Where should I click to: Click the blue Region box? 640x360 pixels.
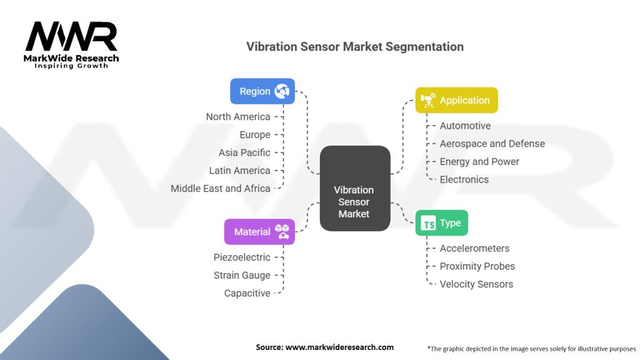(x=262, y=91)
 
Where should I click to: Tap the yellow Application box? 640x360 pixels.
(x=457, y=100)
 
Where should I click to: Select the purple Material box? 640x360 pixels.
(x=259, y=232)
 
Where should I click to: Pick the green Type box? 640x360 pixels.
(x=442, y=223)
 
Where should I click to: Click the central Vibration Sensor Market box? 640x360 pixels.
(x=354, y=188)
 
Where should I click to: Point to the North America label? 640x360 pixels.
(x=238, y=117)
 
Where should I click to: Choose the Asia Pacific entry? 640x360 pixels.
(x=244, y=152)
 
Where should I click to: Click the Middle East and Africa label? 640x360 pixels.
(x=221, y=188)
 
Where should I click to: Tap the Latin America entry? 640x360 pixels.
(x=240, y=171)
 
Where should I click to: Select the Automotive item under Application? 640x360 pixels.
(x=465, y=126)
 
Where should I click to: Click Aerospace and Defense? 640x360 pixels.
(x=492, y=144)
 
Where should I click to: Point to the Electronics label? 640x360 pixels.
(x=464, y=179)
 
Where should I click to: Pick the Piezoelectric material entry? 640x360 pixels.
(x=242, y=257)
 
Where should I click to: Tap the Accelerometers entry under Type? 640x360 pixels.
(x=474, y=248)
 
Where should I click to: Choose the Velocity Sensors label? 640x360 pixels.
(x=476, y=284)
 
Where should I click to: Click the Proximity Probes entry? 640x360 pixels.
(x=477, y=266)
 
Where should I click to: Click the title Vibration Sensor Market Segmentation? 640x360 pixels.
(x=355, y=47)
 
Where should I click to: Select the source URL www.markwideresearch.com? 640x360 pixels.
(x=339, y=347)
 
